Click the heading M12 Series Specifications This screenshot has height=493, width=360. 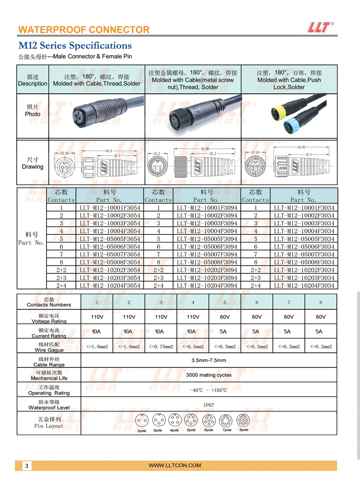75,46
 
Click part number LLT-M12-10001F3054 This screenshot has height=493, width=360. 110,208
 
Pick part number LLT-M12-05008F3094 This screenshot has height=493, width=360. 207,262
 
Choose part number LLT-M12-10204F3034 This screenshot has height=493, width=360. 304,285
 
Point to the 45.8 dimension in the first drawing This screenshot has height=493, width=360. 108,151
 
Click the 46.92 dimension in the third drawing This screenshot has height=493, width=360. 302,148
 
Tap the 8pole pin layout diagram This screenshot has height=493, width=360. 243,421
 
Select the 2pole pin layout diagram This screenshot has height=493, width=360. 141,421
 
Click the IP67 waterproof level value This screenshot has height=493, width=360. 209,405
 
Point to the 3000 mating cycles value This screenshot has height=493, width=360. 209,375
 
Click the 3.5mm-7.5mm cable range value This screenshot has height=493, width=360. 209,361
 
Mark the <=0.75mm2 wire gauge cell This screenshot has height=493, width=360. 161,347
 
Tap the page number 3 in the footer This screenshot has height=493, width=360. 27,466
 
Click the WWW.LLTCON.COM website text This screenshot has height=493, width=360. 175,465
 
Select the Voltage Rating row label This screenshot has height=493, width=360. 49,319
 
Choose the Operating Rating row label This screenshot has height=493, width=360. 49,390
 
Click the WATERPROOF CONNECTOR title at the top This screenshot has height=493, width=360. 84,30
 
